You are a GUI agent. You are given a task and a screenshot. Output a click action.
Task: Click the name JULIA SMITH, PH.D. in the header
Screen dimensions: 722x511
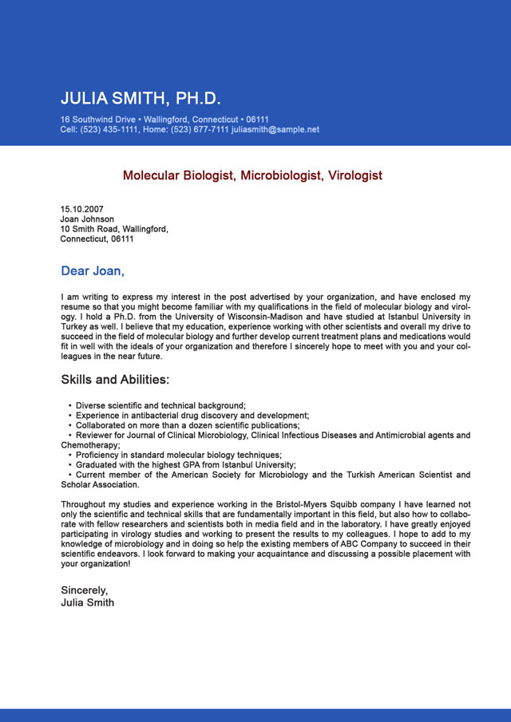point(141,99)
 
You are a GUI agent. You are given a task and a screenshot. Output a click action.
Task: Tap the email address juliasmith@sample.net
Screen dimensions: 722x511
point(275,129)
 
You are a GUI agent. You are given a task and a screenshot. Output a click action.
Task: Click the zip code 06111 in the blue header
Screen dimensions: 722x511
point(257,120)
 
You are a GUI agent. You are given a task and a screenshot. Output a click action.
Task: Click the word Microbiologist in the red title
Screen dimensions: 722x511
point(283,176)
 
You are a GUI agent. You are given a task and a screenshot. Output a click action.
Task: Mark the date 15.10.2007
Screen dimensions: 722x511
point(81,210)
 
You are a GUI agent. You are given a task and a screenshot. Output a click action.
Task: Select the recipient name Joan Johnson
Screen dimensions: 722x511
point(87,219)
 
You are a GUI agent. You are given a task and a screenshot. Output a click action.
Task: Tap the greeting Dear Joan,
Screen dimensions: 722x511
point(93,271)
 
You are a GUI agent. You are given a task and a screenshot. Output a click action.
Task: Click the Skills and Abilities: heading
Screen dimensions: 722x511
point(115,380)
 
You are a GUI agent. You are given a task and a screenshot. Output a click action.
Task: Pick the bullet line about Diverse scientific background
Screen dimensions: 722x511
point(160,406)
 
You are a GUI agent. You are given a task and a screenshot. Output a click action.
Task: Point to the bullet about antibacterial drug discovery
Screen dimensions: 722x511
point(192,416)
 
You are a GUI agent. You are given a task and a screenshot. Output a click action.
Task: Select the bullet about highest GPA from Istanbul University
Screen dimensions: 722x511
point(185,465)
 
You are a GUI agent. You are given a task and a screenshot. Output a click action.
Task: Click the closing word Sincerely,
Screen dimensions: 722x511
point(84,590)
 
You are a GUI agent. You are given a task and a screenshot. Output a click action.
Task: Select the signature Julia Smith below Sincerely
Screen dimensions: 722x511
point(87,602)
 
